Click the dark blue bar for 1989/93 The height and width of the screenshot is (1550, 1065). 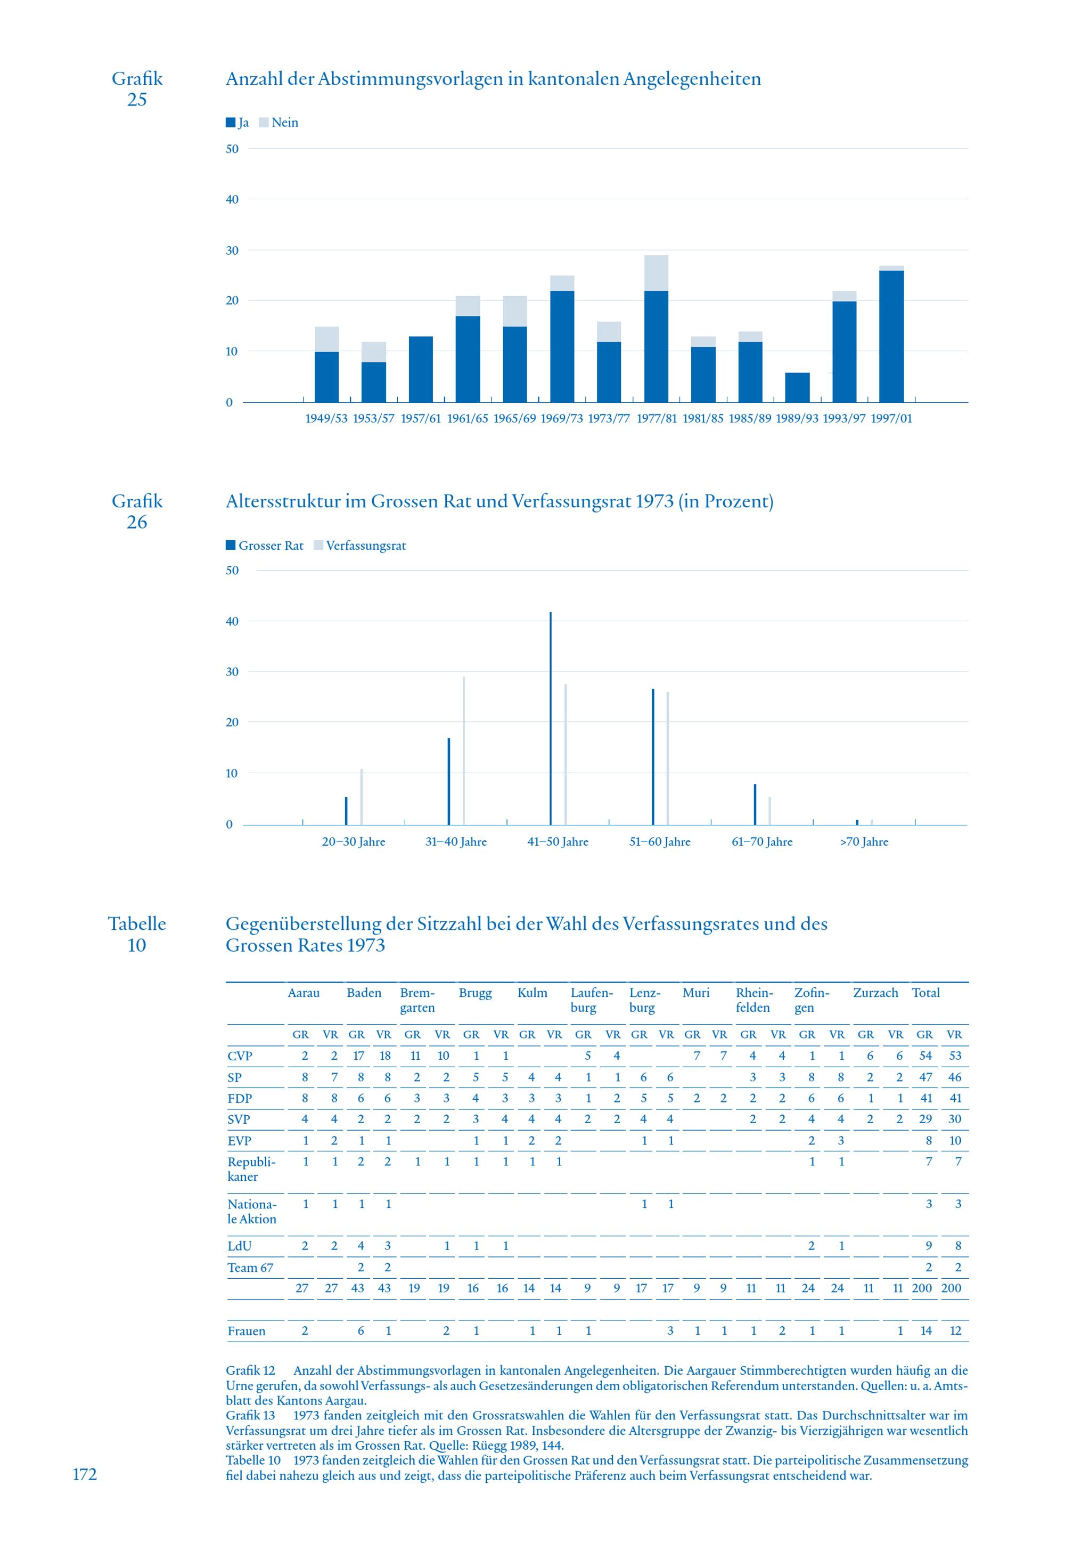[797, 387]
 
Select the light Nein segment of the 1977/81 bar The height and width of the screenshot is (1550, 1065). [656, 273]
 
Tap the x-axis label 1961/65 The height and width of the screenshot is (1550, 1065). [467, 419]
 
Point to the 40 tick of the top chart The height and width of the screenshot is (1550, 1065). [232, 200]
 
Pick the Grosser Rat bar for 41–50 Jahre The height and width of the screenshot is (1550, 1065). [551, 718]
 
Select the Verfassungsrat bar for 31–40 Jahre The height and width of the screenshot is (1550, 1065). [464, 750]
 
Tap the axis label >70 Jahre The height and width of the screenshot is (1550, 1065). [864, 842]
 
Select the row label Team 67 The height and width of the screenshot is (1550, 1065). [250, 1268]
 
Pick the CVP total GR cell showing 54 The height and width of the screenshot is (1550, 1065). [925, 1056]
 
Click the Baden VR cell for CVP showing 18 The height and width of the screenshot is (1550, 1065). [384, 1056]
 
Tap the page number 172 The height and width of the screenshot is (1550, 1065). [85, 1474]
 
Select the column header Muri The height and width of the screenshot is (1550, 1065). [695, 993]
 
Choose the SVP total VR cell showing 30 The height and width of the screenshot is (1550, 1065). [954, 1119]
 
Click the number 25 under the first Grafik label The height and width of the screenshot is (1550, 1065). [137, 100]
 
